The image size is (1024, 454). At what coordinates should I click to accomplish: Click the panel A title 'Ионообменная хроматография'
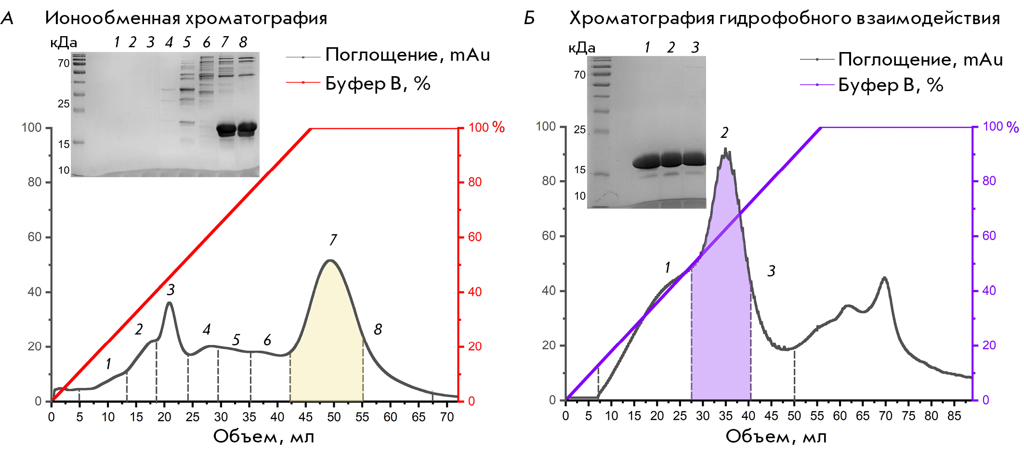click(186, 18)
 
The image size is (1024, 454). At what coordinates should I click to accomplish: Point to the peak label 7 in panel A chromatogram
click(333, 240)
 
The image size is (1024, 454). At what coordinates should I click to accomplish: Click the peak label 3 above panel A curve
click(171, 290)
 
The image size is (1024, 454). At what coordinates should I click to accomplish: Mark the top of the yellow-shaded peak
click(330, 261)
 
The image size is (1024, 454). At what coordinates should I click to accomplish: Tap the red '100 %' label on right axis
click(486, 128)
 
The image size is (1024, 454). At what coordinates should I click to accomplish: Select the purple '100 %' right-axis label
click(1000, 127)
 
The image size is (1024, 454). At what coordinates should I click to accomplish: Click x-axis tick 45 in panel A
click(305, 417)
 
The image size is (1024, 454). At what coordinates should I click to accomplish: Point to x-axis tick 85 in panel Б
click(954, 416)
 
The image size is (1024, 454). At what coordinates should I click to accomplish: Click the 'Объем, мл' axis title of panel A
click(263, 437)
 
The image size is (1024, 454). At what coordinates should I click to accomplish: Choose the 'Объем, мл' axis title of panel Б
click(776, 437)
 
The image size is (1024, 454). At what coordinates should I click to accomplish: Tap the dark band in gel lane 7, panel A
click(226, 129)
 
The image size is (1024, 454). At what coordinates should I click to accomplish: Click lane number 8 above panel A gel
click(243, 42)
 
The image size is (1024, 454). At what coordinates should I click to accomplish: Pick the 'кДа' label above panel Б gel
click(582, 48)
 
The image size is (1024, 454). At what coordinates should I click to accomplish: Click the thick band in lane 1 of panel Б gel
click(646, 161)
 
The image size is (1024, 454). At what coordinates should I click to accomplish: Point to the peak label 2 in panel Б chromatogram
click(724, 133)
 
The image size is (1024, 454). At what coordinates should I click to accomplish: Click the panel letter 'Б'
click(529, 18)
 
